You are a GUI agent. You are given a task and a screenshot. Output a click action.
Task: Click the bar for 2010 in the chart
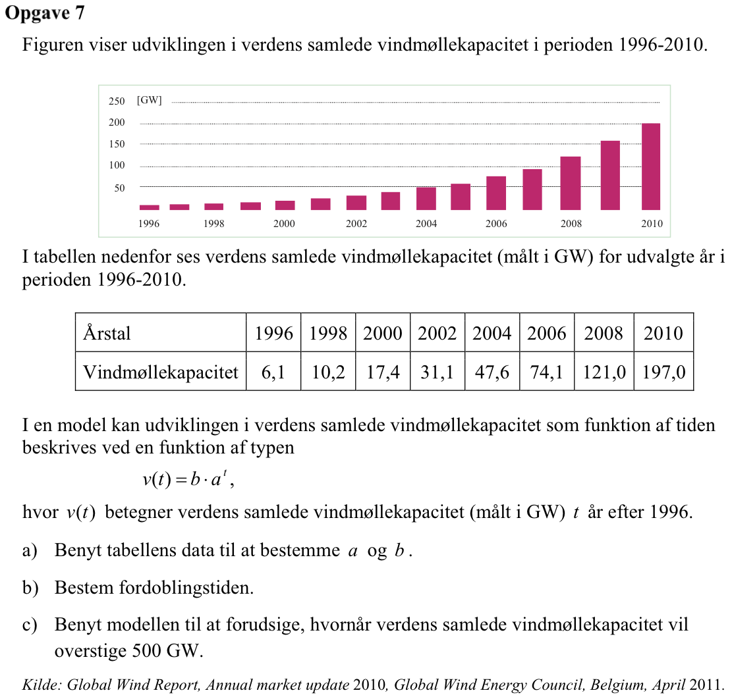(651, 167)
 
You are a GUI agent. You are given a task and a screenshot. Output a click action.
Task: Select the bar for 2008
(571, 183)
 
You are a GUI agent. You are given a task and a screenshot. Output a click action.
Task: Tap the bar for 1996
(150, 207)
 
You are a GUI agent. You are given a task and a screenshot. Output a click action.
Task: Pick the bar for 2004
(426, 199)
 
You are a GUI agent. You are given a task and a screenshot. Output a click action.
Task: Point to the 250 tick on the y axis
(117, 101)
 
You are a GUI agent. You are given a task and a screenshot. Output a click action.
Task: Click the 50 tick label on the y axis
(119, 188)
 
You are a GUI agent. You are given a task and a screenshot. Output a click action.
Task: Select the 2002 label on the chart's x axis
(356, 224)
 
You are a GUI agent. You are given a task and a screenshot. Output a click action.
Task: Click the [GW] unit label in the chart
(150, 100)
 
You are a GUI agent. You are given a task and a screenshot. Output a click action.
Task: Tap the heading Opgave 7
(45, 13)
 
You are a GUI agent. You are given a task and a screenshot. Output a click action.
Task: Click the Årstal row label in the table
(107, 334)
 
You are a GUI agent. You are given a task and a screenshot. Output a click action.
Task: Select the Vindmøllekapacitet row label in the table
(161, 372)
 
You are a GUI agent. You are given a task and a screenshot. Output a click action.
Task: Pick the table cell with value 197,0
(664, 372)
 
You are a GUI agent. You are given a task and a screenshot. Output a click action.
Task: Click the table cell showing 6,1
(273, 372)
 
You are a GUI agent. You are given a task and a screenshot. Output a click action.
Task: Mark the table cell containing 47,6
(492, 372)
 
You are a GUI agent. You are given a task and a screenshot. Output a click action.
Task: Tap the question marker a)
(30, 550)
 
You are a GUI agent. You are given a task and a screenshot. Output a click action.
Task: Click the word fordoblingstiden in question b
(186, 588)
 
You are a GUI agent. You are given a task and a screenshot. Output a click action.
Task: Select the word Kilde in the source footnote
(42, 685)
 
